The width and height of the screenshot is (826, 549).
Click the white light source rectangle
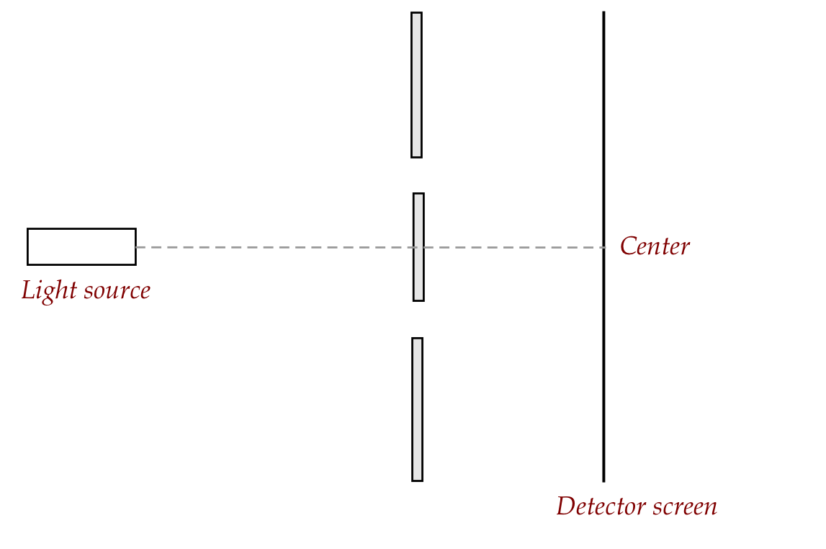(x=81, y=246)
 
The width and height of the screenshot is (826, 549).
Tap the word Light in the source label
(x=47, y=290)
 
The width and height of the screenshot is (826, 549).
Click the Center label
(x=655, y=246)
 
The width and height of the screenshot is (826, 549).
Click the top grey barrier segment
(x=416, y=84)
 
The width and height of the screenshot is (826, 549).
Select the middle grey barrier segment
(x=418, y=274)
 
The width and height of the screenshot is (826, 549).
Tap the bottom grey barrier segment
(x=417, y=409)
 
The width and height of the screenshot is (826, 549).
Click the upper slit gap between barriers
(x=417, y=175)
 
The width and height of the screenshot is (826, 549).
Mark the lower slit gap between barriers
(x=418, y=319)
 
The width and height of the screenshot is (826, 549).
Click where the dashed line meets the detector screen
(x=603, y=247)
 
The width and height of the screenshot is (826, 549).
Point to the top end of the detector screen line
(x=603, y=12)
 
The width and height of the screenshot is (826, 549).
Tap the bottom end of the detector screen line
(x=603, y=481)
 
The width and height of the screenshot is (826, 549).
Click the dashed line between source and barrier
(x=274, y=247)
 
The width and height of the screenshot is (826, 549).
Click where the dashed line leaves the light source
(x=136, y=247)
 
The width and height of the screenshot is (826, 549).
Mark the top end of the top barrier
(x=416, y=13)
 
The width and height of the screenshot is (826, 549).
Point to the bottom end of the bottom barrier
(x=417, y=480)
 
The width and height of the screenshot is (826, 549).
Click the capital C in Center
(x=627, y=246)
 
